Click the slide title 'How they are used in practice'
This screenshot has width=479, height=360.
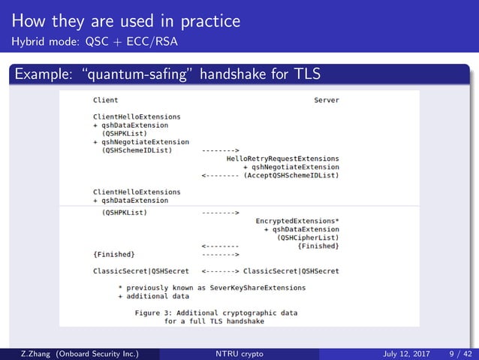[125, 20]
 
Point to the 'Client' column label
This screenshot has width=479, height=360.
[105, 100]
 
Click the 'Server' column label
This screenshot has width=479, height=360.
[326, 100]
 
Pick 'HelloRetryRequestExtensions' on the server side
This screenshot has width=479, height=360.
[282, 159]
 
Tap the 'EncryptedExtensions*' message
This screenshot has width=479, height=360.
[297, 221]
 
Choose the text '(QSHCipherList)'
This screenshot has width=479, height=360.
[308, 237]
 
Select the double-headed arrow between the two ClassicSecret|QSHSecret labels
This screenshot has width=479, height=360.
[221, 271]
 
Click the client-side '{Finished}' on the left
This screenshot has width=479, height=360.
[113, 254]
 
